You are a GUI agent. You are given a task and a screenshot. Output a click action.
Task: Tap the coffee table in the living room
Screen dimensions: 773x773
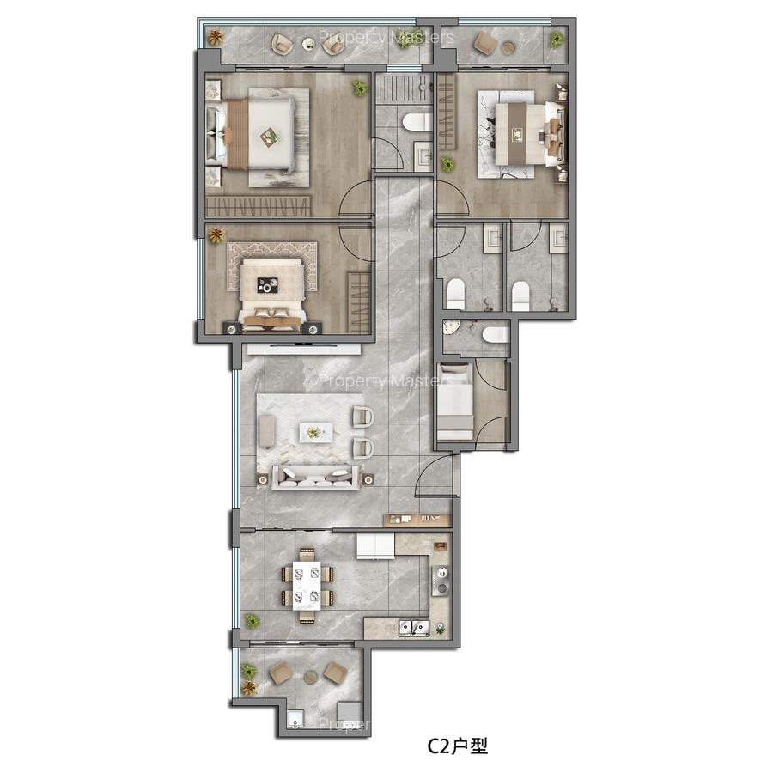(x=315, y=432)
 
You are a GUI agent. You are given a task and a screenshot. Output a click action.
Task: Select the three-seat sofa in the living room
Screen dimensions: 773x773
(x=315, y=478)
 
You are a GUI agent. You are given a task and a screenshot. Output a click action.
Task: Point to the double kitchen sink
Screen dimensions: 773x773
(x=414, y=629)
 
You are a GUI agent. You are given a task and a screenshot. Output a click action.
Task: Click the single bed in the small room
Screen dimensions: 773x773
(x=454, y=402)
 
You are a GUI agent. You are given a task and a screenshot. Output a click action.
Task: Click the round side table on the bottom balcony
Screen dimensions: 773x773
(x=307, y=676)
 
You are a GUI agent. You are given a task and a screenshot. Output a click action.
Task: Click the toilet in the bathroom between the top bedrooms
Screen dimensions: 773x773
(x=417, y=121)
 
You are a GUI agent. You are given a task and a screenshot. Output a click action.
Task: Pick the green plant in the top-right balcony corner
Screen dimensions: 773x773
(x=557, y=38)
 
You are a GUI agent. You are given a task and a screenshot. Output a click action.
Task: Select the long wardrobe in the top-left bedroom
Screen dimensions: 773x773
(x=258, y=206)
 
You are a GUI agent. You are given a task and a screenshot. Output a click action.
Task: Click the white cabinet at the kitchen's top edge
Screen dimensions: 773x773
(x=375, y=546)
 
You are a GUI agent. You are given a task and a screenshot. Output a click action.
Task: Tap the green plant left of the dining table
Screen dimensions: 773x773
(x=253, y=620)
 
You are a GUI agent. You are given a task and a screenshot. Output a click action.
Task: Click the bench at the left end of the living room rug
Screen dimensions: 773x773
(x=268, y=430)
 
